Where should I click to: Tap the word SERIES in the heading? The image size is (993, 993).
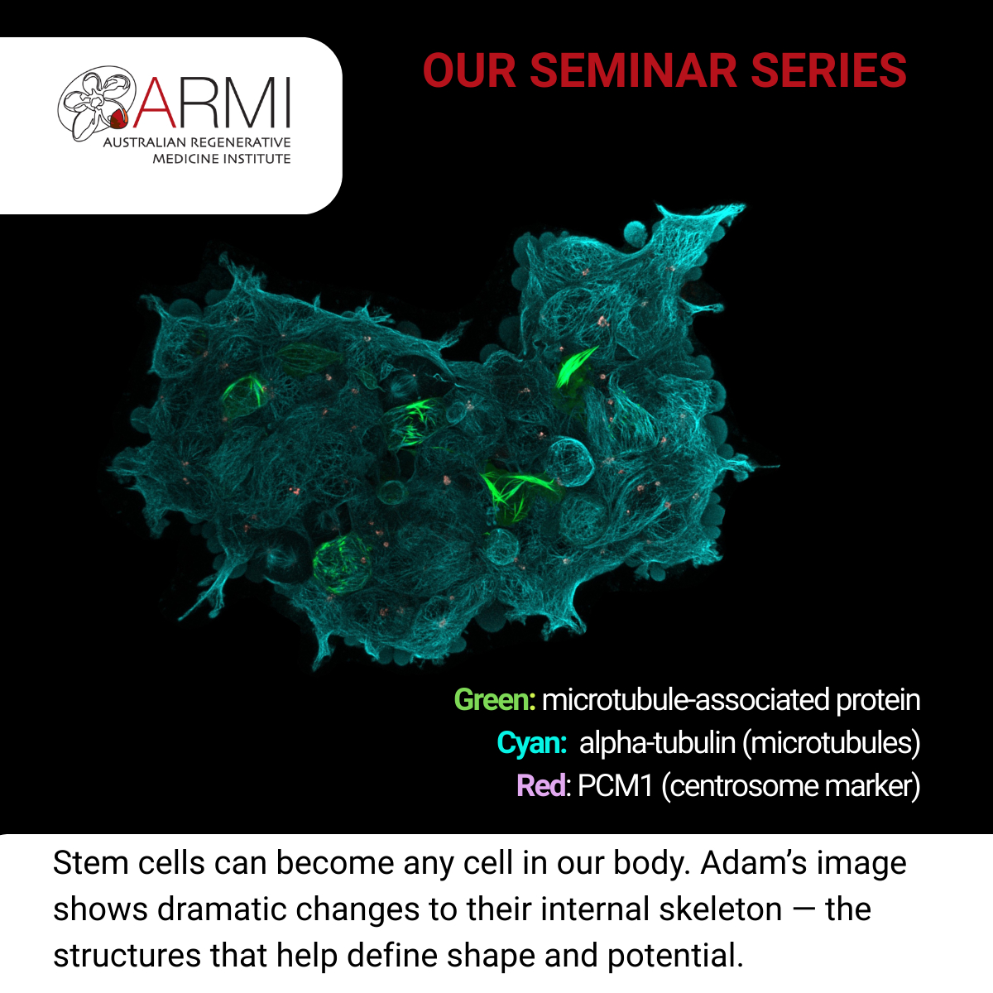pos(828,70)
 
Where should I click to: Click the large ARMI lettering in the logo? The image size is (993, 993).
pos(212,103)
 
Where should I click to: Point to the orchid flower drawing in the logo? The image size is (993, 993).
pos(96,103)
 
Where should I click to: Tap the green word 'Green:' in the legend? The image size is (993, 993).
pos(495,700)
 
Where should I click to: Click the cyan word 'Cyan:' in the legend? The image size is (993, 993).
pos(532,742)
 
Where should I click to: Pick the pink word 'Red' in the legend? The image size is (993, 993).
pos(541,785)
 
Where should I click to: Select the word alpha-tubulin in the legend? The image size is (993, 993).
pos(657,742)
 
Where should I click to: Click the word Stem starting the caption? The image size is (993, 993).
pos(91,863)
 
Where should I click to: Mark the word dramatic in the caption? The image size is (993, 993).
pos(222,909)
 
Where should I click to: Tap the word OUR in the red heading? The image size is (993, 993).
pos(469,70)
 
